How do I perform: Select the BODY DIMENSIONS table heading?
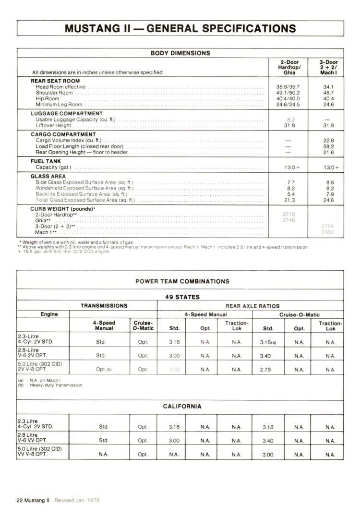pos(180,53)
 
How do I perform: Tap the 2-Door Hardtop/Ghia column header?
pos(289,67)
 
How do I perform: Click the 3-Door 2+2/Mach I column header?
pos(328,67)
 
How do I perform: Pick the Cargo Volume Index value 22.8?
pos(328,140)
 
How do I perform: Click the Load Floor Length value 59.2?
pos(328,146)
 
